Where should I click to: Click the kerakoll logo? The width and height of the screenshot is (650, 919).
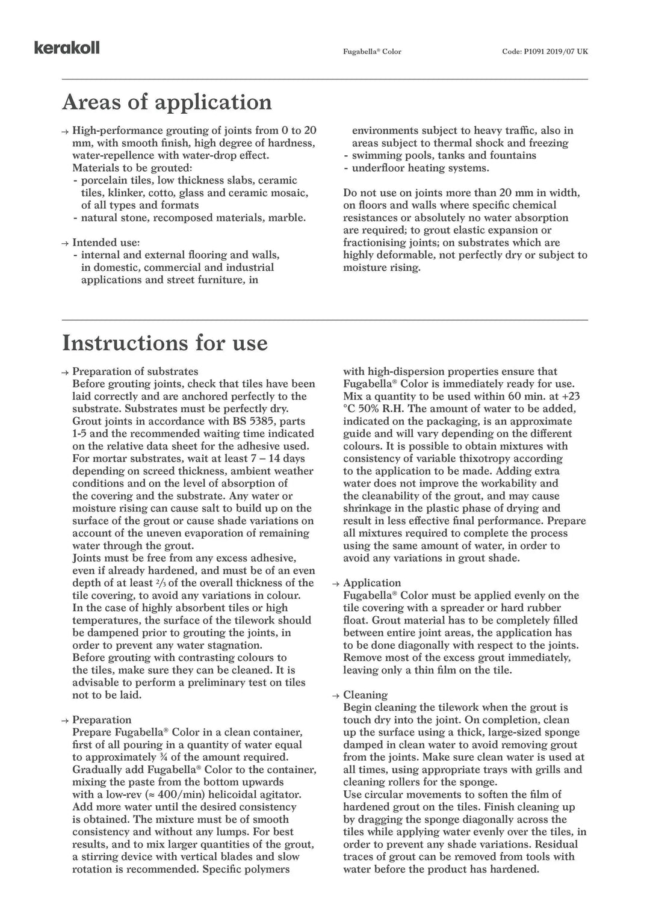(67, 48)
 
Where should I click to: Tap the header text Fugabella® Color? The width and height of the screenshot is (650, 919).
(372, 52)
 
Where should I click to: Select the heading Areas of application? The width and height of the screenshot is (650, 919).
(167, 102)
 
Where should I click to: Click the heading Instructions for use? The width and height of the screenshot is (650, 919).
(164, 342)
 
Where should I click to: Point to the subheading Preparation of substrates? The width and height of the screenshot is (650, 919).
(135, 371)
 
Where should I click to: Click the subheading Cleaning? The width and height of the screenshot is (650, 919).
(365, 695)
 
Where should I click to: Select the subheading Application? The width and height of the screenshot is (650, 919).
(371, 583)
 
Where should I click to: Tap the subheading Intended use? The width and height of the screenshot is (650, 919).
(106, 243)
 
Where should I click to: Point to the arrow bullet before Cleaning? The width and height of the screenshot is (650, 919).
(336, 696)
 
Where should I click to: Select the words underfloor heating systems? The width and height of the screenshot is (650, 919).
(420, 168)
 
